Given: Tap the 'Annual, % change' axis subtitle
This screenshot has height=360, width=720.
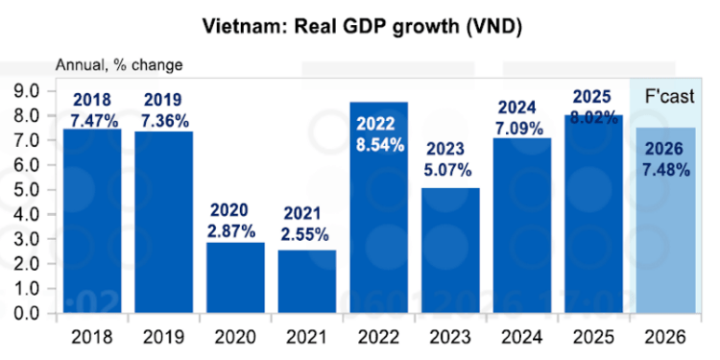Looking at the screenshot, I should pos(118,66).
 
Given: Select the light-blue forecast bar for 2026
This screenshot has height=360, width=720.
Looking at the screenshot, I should pos(666,240).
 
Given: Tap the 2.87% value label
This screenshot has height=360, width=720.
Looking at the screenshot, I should pos(235,233).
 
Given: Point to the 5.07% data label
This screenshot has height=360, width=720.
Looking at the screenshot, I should pos(450,171).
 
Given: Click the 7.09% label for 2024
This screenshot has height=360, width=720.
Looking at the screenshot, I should pos(522,127).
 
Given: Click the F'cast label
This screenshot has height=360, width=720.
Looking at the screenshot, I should pos(666,97).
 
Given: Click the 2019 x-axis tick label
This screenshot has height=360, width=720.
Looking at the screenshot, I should pos(164,337).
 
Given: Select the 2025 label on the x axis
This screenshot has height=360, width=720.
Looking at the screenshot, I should pos(594,337).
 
